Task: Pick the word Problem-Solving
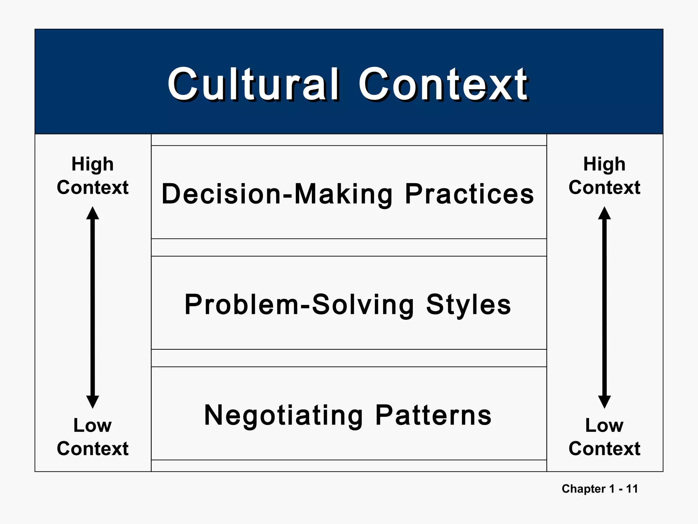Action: [299, 304]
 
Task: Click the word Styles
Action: [469, 304]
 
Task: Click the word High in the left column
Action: [92, 164]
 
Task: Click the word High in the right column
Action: [604, 164]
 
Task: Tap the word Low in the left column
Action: [92, 425]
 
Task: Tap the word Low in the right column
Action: [604, 425]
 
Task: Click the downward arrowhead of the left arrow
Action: [92, 402]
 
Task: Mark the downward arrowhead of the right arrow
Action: [604, 402]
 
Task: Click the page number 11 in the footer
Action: [632, 489]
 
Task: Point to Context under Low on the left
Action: [92, 448]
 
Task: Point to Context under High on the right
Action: [604, 187]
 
